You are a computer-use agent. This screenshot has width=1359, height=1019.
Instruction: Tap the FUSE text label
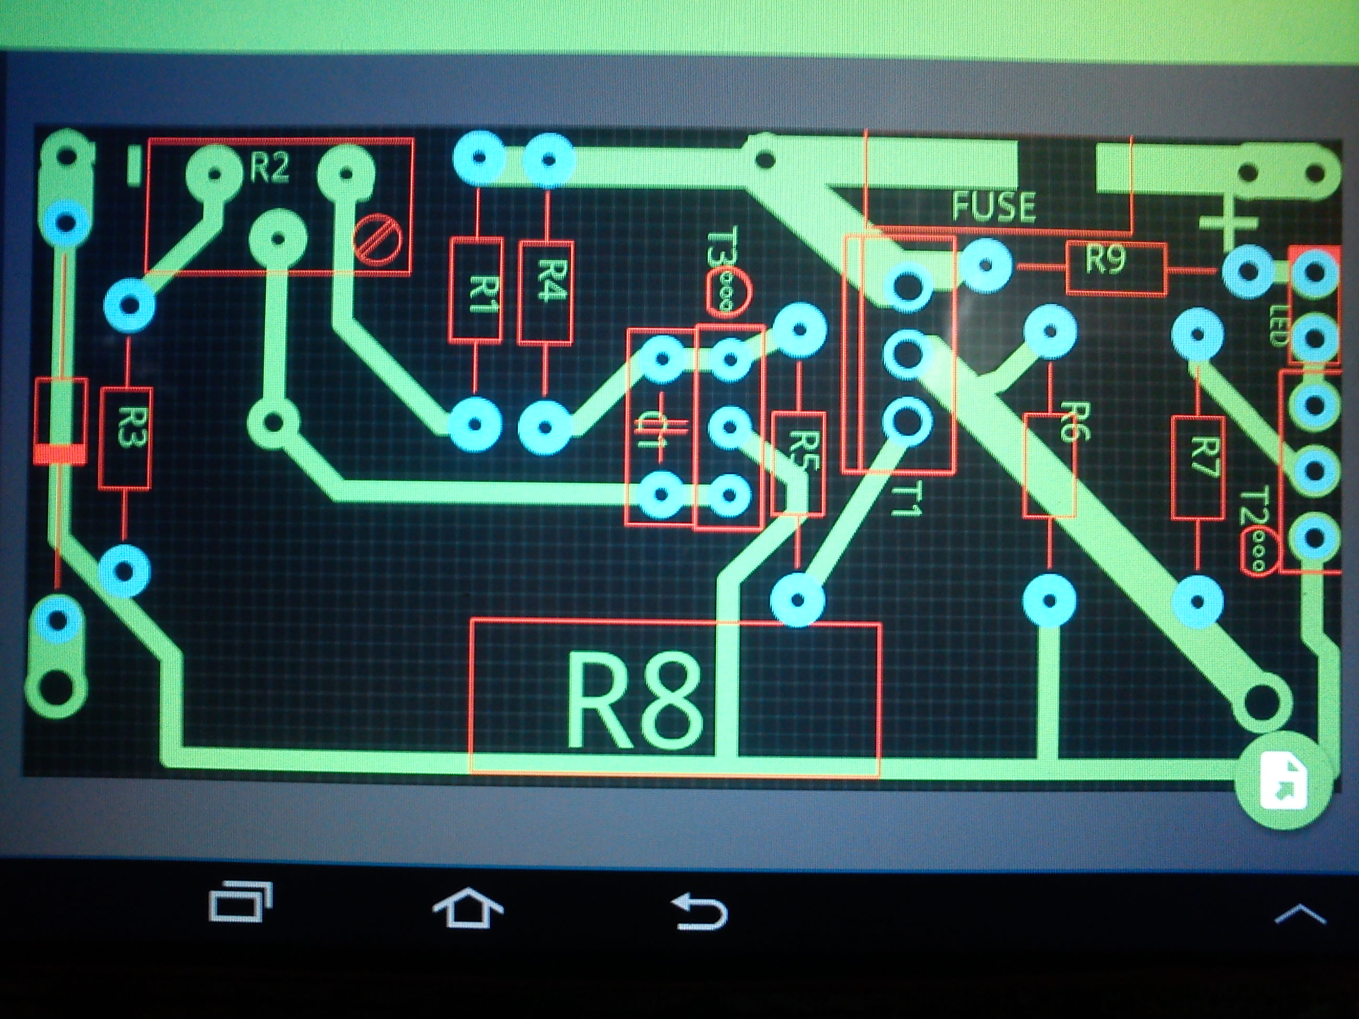click(994, 207)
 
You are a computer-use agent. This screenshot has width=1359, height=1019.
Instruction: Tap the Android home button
click(468, 908)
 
